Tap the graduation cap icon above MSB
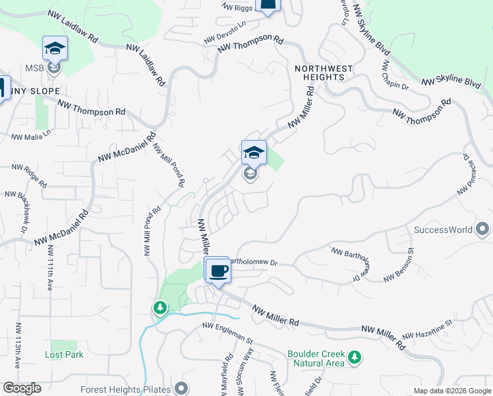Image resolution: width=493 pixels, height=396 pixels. pyautogui.click(x=55, y=48)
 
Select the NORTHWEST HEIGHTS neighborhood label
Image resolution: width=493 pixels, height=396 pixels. pyautogui.click(x=324, y=73)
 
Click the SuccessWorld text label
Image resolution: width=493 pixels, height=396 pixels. pyautogui.click(x=443, y=230)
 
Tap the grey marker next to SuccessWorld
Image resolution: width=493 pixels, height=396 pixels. pyautogui.click(x=482, y=230)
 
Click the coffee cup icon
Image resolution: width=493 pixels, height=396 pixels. pyautogui.click(x=218, y=270)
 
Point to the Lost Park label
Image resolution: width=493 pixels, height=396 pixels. pyautogui.click(x=64, y=354)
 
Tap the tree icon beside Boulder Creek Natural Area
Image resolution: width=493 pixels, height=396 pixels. pyautogui.click(x=355, y=358)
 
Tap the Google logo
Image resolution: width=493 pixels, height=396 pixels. pyautogui.click(x=22, y=388)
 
